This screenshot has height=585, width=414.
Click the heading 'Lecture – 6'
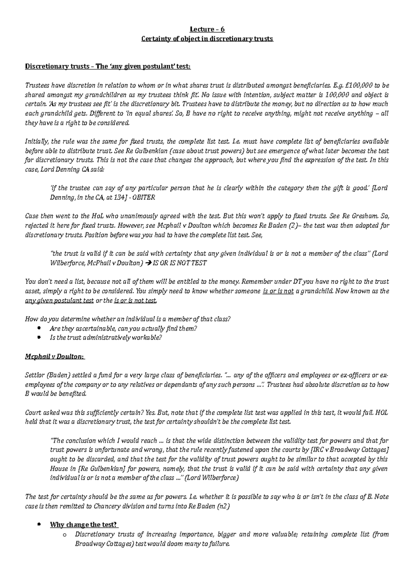(207, 29)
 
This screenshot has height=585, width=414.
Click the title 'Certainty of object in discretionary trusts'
(207, 39)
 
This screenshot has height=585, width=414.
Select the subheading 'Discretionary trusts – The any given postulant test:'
(108, 66)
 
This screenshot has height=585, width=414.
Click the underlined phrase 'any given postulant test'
(60, 300)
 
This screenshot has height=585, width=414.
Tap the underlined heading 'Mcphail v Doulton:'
(55, 357)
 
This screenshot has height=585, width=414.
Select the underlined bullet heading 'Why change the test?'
(84, 525)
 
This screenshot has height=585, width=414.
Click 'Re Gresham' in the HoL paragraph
(360, 216)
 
